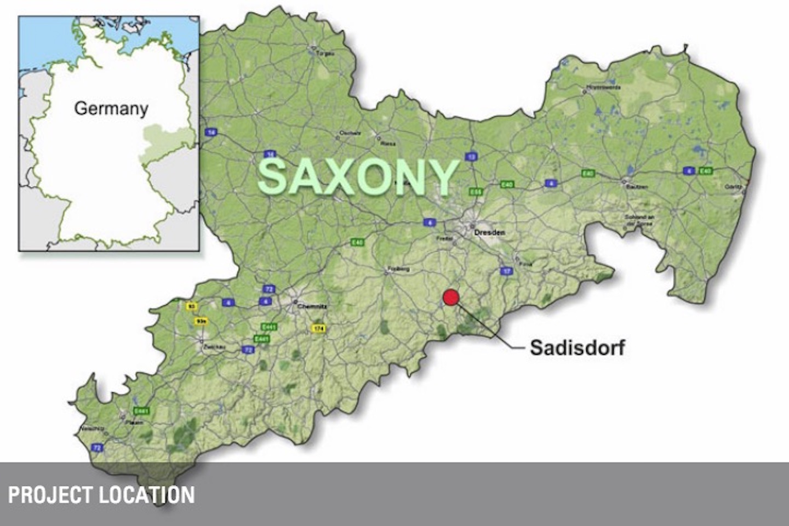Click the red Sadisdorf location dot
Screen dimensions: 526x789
451,297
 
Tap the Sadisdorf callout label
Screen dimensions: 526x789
577,347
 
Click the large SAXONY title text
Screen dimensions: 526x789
358,177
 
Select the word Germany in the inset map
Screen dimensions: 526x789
111,108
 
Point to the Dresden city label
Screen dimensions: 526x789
489,232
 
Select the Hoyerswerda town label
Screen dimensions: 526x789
603,87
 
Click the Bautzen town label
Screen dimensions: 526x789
636,187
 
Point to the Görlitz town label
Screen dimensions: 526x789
733,187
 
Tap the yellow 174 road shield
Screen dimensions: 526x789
318,328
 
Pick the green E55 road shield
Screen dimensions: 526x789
476,192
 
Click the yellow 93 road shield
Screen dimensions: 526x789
192,306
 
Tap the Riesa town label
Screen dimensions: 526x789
388,144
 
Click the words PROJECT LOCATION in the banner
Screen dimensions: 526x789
101,495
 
